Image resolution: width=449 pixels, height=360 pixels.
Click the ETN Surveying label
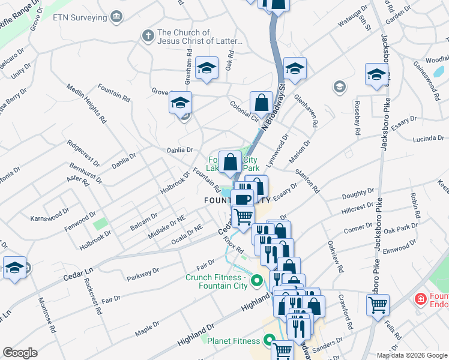click(x=80, y=17)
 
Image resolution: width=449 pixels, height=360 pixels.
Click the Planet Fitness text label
click(x=234, y=341)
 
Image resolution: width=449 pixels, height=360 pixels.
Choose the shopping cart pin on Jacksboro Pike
click(x=378, y=305)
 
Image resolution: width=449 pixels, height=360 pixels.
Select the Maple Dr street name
click(x=146, y=328)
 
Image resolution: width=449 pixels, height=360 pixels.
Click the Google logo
click(x=20, y=353)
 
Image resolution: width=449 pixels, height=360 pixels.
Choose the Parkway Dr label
click(x=143, y=275)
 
